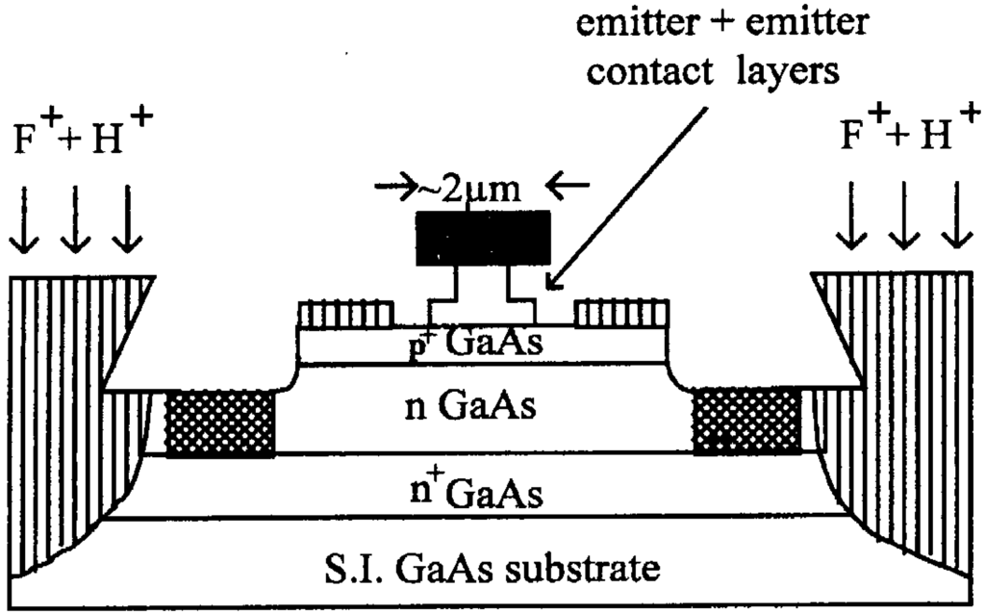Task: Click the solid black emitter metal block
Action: coord(483,237)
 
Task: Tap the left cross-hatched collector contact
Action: coord(220,423)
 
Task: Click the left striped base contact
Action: coord(345,314)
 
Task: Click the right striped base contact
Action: coord(620,314)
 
